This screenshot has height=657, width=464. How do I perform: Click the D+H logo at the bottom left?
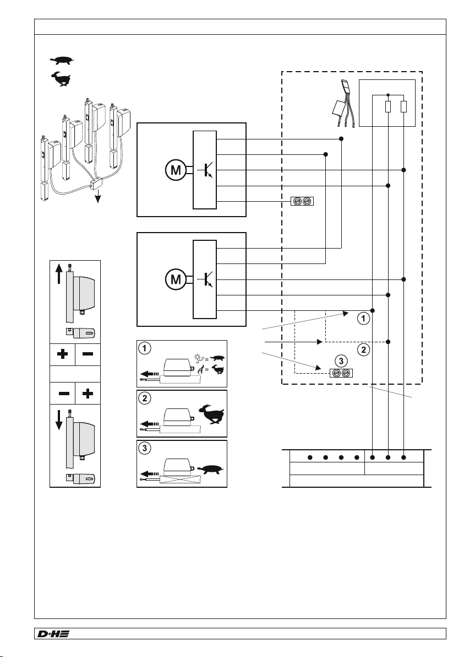53,633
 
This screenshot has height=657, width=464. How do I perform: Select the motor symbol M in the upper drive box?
176,170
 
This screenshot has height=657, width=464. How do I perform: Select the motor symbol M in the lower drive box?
176,279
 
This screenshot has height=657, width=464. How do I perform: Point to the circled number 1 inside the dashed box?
363,319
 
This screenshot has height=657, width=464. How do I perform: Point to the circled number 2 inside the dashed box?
363,349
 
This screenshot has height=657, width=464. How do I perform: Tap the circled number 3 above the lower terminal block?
341,361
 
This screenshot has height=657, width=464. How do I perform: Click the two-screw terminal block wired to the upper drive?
302,201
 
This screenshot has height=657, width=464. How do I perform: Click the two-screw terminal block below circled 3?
341,373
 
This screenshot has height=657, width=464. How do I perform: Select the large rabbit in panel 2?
211,414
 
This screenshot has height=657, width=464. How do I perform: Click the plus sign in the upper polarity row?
62,354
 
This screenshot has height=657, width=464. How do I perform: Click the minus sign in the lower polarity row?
64,394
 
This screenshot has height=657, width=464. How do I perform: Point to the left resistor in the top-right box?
388,107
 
